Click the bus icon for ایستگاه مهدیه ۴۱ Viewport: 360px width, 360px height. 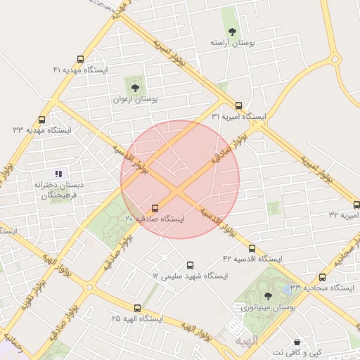coord(80,59)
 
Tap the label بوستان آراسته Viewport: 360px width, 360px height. coord(232,43)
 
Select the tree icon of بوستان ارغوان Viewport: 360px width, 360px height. coord(135,88)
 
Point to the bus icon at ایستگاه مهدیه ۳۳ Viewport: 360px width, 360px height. coord(42,120)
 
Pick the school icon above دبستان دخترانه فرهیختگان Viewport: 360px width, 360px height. coord(59,173)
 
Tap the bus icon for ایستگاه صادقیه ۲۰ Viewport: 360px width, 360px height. coord(155,208)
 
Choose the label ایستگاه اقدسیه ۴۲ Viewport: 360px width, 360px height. coord(252,259)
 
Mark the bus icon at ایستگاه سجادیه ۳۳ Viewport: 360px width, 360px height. coord(323,277)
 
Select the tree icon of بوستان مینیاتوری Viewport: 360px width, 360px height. coord(267,297)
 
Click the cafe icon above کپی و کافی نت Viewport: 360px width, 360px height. coord(297,341)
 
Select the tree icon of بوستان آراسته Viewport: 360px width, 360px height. coord(232,31)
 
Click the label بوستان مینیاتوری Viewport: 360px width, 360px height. coord(267,309)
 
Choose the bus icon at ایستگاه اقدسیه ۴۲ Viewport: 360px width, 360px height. coord(252,248)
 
